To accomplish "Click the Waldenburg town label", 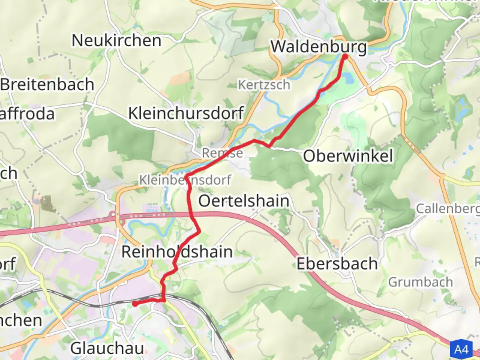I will click(x=318, y=46).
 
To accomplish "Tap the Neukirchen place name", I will click(x=116, y=41).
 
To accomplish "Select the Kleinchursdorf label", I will click(x=186, y=113).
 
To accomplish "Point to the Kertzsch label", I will click(x=264, y=85).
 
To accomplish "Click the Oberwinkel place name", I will click(x=348, y=156).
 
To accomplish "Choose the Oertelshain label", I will click(x=244, y=201).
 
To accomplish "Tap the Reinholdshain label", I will click(x=177, y=252).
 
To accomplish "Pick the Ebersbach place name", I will click(x=337, y=264).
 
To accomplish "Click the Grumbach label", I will click(x=420, y=282).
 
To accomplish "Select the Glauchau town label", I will click(x=107, y=349).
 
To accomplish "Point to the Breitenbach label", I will click(x=47, y=84).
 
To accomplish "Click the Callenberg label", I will click(x=448, y=209).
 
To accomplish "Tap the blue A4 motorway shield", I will click(x=461, y=349).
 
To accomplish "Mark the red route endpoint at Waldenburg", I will click(x=345, y=57).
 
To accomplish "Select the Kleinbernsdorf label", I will click(x=185, y=180).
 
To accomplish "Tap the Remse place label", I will click(x=222, y=153).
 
